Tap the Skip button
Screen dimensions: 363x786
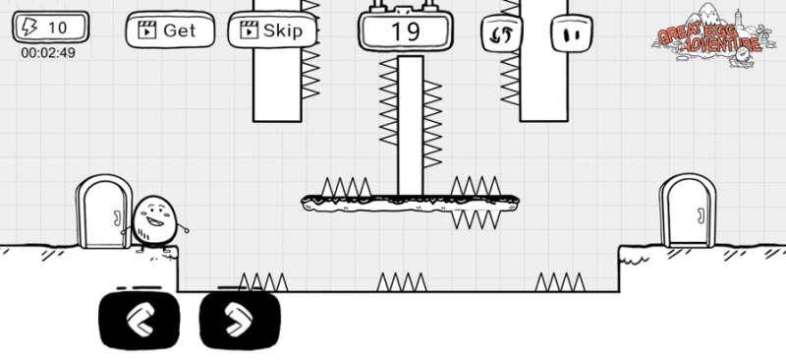272,30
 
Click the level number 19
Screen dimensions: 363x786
405,31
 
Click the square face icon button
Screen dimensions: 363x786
570,32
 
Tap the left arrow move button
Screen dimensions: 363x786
139,319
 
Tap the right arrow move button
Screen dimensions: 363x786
240,319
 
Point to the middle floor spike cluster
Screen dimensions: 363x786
402,283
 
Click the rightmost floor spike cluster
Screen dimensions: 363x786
559,283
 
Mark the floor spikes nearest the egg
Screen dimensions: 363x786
262,283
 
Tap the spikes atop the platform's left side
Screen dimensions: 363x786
347,187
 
